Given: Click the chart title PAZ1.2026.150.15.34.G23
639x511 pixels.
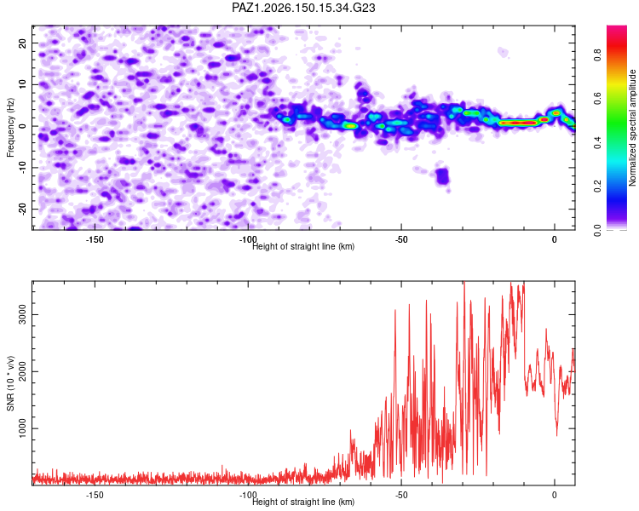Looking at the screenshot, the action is tap(303, 8).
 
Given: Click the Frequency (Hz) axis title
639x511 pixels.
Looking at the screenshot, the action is tap(10, 128).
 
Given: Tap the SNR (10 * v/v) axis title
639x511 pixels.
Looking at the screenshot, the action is tap(10, 383).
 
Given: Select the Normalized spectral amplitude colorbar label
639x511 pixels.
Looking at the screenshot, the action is tap(632, 128).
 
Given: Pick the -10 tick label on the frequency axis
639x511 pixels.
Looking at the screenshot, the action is tap(23, 168).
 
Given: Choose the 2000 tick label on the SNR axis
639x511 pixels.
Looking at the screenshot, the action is tap(23, 371).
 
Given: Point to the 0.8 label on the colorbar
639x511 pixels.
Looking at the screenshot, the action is tap(597, 55).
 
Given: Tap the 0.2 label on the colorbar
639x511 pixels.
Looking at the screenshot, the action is tap(597, 187).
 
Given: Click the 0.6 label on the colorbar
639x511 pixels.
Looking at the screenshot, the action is tap(597, 99).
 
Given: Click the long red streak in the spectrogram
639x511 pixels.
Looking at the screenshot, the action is tap(517, 123).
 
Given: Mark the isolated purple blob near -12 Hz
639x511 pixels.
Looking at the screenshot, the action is tap(442, 176).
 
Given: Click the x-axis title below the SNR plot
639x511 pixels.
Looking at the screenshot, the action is tap(303, 502).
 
